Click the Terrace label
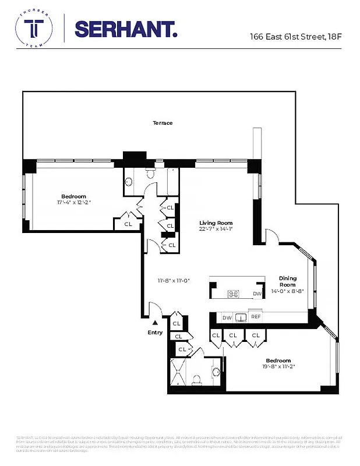click(x=163, y=123)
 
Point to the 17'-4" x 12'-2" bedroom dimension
click(x=74, y=203)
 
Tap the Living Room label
click(x=216, y=223)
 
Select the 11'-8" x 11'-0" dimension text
click(x=173, y=281)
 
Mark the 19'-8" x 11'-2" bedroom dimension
click(x=278, y=367)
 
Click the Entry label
click(x=155, y=332)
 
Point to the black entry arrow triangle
click(x=155, y=322)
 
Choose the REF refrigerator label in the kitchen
click(x=256, y=317)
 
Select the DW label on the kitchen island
click(x=257, y=294)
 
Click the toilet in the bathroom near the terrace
click(x=151, y=172)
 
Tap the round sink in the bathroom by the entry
click(x=216, y=370)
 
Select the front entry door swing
click(x=155, y=310)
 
